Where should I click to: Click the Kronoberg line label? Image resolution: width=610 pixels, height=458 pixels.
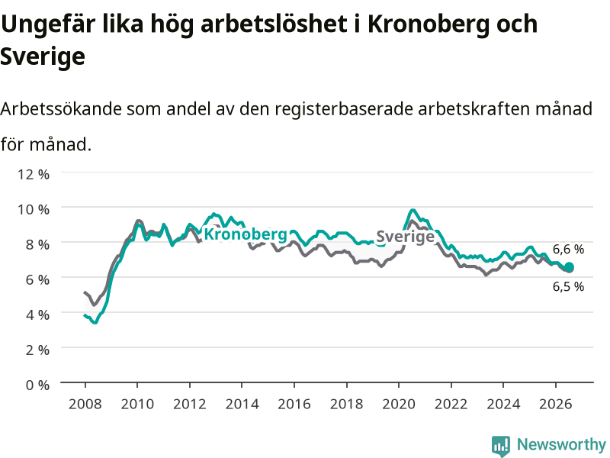(x=246, y=234)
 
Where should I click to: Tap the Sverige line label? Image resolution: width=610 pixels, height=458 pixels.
(x=406, y=237)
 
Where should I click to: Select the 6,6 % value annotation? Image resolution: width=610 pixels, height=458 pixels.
(x=568, y=250)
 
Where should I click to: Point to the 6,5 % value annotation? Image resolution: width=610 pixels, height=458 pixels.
(x=568, y=287)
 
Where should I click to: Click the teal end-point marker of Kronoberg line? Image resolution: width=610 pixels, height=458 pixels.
(x=569, y=267)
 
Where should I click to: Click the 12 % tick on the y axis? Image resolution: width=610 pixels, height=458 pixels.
(x=34, y=174)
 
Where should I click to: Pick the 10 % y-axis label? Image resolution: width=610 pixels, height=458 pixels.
(x=34, y=209)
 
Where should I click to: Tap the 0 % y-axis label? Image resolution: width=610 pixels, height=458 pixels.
(x=37, y=385)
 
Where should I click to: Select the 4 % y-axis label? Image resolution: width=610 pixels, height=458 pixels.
(x=37, y=314)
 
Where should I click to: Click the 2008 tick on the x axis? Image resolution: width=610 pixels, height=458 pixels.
(x=85, y=404)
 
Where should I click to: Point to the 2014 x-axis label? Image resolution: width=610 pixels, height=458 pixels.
(x=242, y=404)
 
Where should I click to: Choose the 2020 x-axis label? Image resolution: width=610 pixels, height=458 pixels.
(x=399, y=404)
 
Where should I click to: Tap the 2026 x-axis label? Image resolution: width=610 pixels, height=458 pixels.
(x=556, y=404)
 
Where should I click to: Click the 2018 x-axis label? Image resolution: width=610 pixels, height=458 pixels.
(x=347, y=404)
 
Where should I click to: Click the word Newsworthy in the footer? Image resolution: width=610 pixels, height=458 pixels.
(x=561, y=444)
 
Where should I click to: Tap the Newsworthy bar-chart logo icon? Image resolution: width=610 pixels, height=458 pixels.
(x=501, y=446)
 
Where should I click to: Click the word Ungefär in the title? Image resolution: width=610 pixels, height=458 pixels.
(x=48, y=25)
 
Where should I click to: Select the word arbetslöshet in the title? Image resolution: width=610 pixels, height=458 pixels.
(x=274, y=24)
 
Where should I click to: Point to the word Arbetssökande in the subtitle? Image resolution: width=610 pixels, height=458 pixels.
(x=61, y=108)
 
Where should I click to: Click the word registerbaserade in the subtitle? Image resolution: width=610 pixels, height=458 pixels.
(x=344, y=109)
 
